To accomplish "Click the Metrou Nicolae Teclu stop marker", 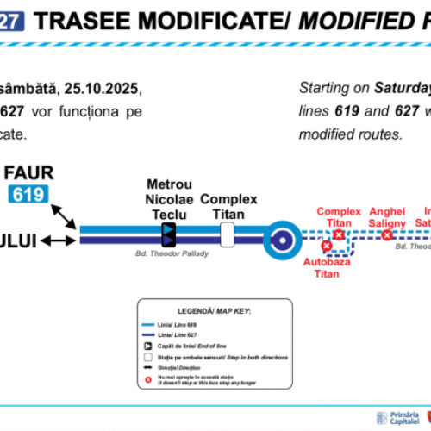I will point(168,234).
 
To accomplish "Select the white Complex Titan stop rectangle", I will point(228,234).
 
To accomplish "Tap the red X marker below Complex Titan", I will point(339,234).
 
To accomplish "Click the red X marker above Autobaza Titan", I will point(326,246).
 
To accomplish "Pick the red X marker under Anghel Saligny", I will point(387,234).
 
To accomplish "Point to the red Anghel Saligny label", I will point(387,216).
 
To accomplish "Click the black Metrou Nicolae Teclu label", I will point(169,199).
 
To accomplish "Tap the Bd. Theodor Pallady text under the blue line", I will point(172,254).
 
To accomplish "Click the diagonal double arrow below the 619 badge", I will point(62,213).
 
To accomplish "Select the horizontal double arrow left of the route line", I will point(59,240).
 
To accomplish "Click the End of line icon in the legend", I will point(150,345).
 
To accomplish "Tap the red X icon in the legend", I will point(150,380).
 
